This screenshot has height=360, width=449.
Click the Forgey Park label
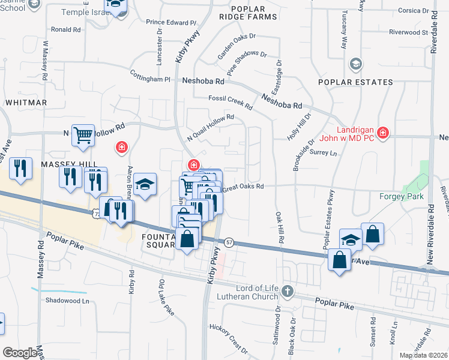[x=402, y=196]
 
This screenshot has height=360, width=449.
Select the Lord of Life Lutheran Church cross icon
[x=287, y=292]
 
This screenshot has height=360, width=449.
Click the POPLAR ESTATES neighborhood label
[x=355, y=82]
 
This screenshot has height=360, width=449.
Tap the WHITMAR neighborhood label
[x=26, y=103]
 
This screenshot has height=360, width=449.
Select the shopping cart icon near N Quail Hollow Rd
[x=82, y=135]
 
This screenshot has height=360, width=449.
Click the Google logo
[x=20, y=353]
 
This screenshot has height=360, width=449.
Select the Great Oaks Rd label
[x=244, y=188]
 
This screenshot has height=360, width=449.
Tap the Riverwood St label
[x=408, y=32]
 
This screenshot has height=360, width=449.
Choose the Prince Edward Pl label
[x=172, y=22]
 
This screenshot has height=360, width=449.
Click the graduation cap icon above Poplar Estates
[x=356, y=63]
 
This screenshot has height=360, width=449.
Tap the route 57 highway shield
[x=229, y=241]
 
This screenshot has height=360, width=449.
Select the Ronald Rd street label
[x=66, y=29]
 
